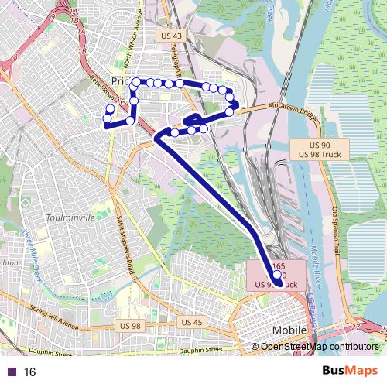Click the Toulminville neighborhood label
[70, 218]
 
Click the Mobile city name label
[290, 330]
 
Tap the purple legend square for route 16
[11, 372]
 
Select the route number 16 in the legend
[30, 372]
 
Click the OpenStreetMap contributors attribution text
[319, 347]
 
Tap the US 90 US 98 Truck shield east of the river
[320, 150]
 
